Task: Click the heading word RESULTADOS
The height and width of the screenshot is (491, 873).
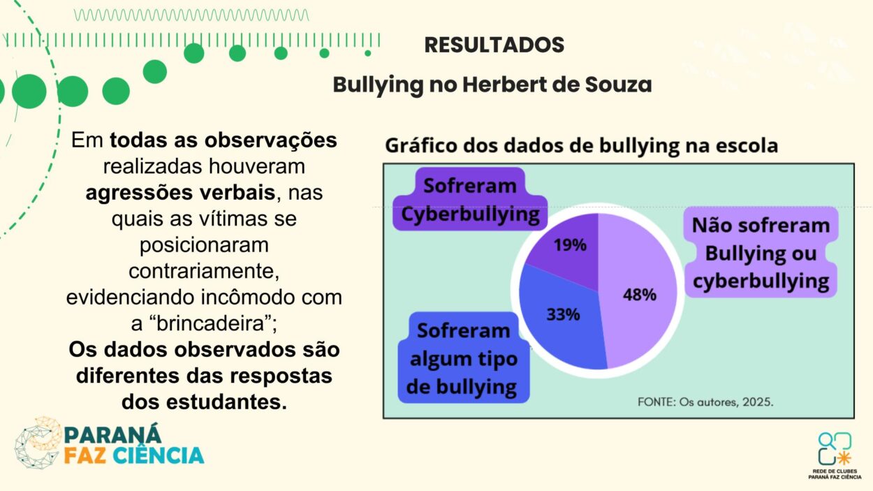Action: [x=494, y=45]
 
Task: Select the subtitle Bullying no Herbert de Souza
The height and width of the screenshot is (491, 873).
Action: [x=492, y=85]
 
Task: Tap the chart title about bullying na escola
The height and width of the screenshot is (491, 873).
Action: [x=581, y=147]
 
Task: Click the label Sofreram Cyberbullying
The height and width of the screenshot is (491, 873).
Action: [x=470, y=200]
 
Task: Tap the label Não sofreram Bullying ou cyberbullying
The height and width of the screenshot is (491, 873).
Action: [x=761, y=254]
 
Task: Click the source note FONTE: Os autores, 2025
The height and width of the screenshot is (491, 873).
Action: [x=705, y=402]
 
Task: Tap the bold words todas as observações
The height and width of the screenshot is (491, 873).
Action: [x=223, y=140]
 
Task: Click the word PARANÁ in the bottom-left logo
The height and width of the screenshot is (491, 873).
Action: [x=112, y=434]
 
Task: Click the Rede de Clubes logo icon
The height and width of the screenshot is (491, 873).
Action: [x=835, y=448]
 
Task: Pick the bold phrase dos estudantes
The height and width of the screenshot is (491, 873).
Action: [x=204, y=402]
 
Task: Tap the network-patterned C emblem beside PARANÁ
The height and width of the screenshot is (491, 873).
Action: [x=38, y=443]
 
